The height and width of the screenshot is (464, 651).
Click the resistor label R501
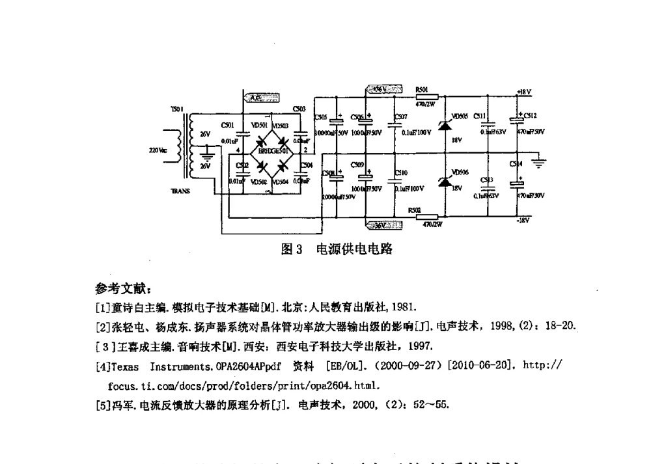coord(422,90)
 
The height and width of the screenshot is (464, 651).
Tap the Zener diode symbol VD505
coord(445,125)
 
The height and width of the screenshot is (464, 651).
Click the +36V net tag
coord(381,90)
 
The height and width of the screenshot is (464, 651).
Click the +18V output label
coord(523,92)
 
